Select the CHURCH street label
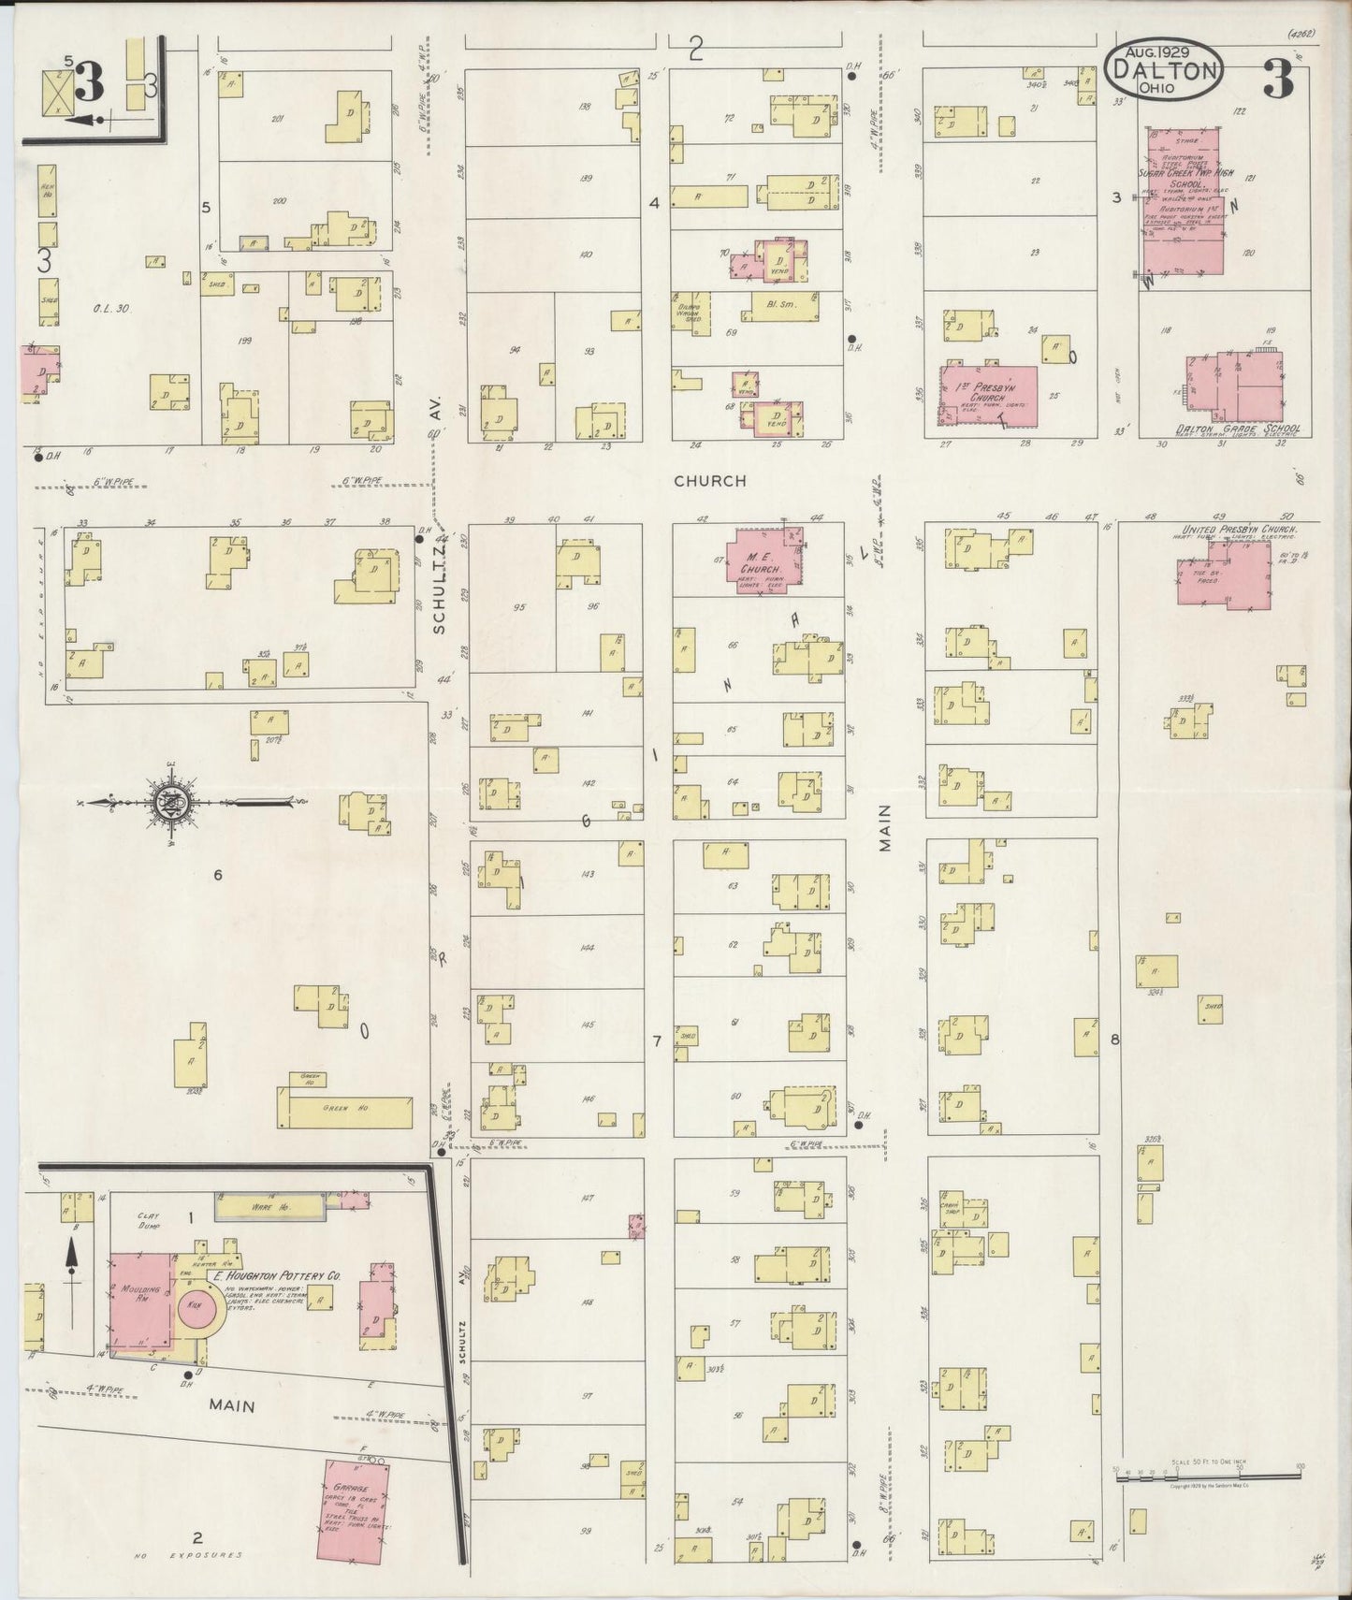[710, 481]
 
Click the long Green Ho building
[344, 1112]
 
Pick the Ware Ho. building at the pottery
[271, 1208]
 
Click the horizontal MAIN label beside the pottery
[232, 1404]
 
